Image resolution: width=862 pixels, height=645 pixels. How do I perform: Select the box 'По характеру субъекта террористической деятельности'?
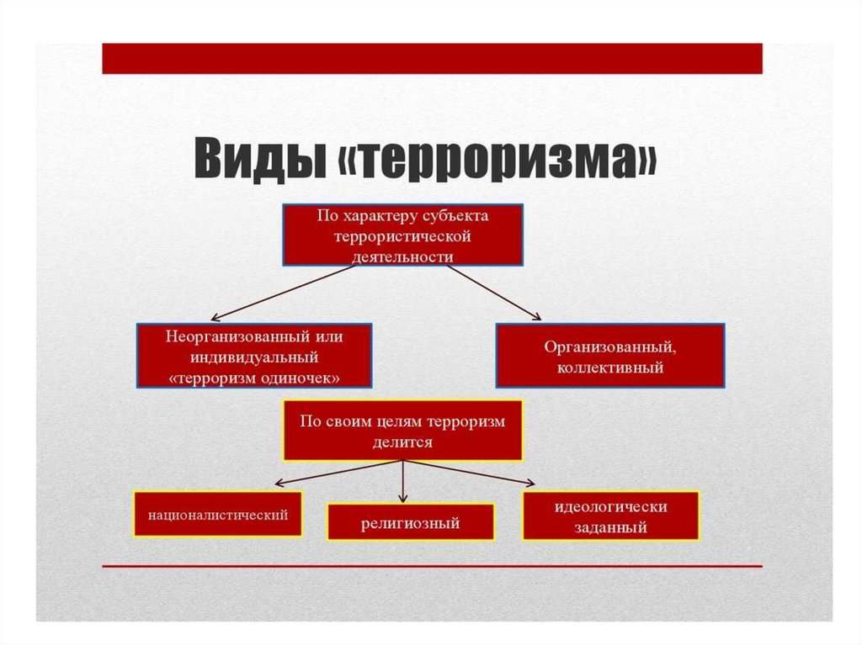tap(402, 235)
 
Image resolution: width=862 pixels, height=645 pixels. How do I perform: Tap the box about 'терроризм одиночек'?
tap(254, 356)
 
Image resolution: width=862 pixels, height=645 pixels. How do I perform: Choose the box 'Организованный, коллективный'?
tap(609, 356)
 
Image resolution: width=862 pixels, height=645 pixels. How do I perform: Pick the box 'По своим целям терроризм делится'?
tap(402, 431)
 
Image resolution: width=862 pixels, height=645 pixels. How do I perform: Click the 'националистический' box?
tap(218, 513)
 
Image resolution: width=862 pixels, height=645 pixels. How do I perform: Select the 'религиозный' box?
tap(410, 522)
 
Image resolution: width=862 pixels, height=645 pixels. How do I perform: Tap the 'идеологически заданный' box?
tap(610, 516)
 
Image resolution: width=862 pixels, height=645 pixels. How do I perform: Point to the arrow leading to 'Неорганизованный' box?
tap(282, 293)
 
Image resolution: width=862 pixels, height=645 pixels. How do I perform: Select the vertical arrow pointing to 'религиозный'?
tap(403, 481)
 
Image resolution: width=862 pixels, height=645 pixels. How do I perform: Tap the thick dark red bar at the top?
tap(432, 59)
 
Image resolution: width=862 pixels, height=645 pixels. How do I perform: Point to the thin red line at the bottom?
tap(432, 566)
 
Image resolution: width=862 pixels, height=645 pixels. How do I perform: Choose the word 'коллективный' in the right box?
tap(610, 367)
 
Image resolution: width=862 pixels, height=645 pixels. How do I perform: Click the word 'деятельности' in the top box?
tap(402, 255)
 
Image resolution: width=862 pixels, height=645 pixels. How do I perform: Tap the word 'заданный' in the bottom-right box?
tap(610, 528)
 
